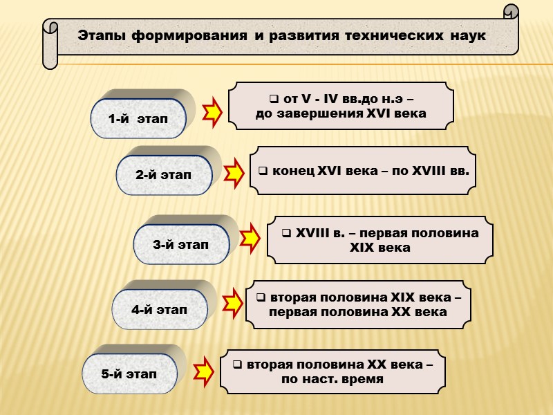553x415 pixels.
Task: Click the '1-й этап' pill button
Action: (138, 119)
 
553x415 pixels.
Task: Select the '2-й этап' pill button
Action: (164, 175)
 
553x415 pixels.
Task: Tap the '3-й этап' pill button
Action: (180, 244)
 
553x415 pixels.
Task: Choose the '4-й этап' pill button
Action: (160, 309)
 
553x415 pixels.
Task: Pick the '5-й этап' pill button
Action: (129, 374)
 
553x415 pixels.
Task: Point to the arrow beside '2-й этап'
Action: (235, 173)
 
